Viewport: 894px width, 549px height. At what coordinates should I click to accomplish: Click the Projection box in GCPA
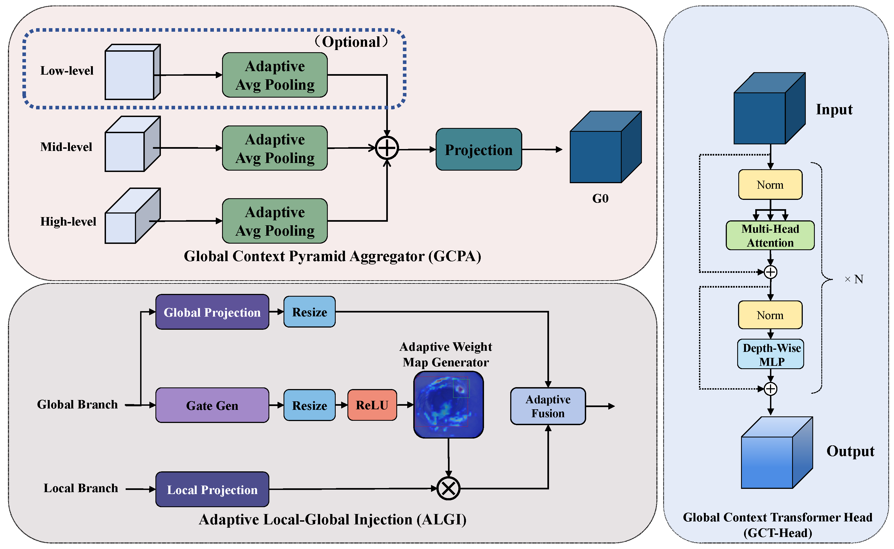479,149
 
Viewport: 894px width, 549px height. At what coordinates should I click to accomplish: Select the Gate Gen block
212,405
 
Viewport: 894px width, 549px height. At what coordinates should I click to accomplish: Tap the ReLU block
372,405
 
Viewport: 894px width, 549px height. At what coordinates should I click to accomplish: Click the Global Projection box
212,312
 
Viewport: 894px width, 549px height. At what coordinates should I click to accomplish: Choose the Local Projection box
212,489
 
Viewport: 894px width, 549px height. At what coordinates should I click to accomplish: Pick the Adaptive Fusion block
548,406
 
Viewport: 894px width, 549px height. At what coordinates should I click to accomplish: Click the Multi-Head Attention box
770,235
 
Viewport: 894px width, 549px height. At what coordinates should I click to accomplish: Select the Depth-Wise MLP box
771,354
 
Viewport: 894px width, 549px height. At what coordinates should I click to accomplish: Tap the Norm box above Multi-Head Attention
770,185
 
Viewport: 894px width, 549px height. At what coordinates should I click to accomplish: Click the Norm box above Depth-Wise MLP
770,315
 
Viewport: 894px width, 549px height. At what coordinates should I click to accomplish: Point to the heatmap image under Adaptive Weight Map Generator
449,404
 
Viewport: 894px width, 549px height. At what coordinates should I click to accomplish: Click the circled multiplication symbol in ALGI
449,488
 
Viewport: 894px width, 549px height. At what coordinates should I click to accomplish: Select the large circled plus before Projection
387,148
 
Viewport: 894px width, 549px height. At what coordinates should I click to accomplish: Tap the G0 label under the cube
600,198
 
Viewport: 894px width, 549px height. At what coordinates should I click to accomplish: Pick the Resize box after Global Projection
309,312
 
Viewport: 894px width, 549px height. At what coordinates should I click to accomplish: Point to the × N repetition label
854,279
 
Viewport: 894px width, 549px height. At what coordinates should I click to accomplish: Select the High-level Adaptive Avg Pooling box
275,221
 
